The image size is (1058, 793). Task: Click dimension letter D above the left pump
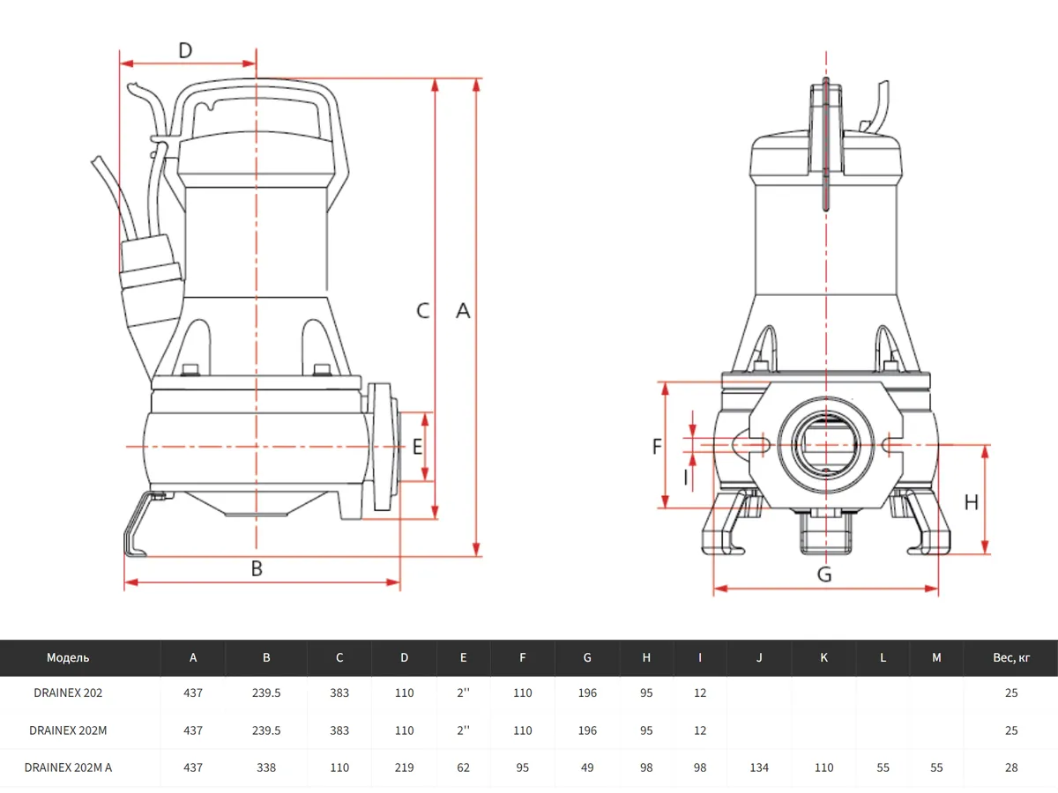tap(185, 50)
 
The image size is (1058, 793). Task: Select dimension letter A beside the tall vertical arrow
tap(463, 310)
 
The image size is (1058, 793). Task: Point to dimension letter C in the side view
tap(423, 310)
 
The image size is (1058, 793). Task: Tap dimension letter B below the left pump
tap(257, 569)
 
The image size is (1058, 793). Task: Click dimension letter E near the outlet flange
tap(417, 447)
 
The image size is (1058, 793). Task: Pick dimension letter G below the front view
tap(824, 574)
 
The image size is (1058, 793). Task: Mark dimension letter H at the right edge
tap(971, 502)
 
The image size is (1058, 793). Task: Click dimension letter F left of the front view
tap(657, 447)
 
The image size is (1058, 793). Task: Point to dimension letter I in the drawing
tap(686, 478)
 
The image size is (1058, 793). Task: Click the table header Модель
tap(68, 657)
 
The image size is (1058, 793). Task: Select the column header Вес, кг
tap(1010, 657)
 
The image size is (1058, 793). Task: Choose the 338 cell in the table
tap(266, 767)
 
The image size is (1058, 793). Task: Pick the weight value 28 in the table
tap(1010, 767)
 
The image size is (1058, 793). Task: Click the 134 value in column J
tap(758, 767)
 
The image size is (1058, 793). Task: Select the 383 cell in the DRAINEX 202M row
tap(339, 730)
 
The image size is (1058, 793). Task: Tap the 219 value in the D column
tap(404, 767)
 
